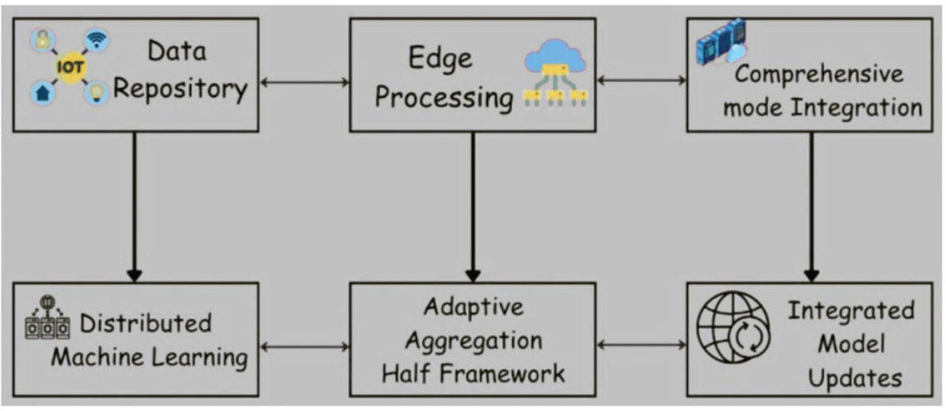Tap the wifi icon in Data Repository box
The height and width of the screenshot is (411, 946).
coord(96,39)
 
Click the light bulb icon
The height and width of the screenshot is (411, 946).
coord(96,93)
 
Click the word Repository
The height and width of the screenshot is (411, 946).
coord(180,89)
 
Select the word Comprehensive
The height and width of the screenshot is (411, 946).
coord(819,74)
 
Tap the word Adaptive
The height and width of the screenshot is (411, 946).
coord(473,306)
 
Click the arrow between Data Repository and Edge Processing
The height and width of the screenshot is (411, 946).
coord(304,82)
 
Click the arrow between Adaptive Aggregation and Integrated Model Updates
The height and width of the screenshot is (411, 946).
coord(641,344)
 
